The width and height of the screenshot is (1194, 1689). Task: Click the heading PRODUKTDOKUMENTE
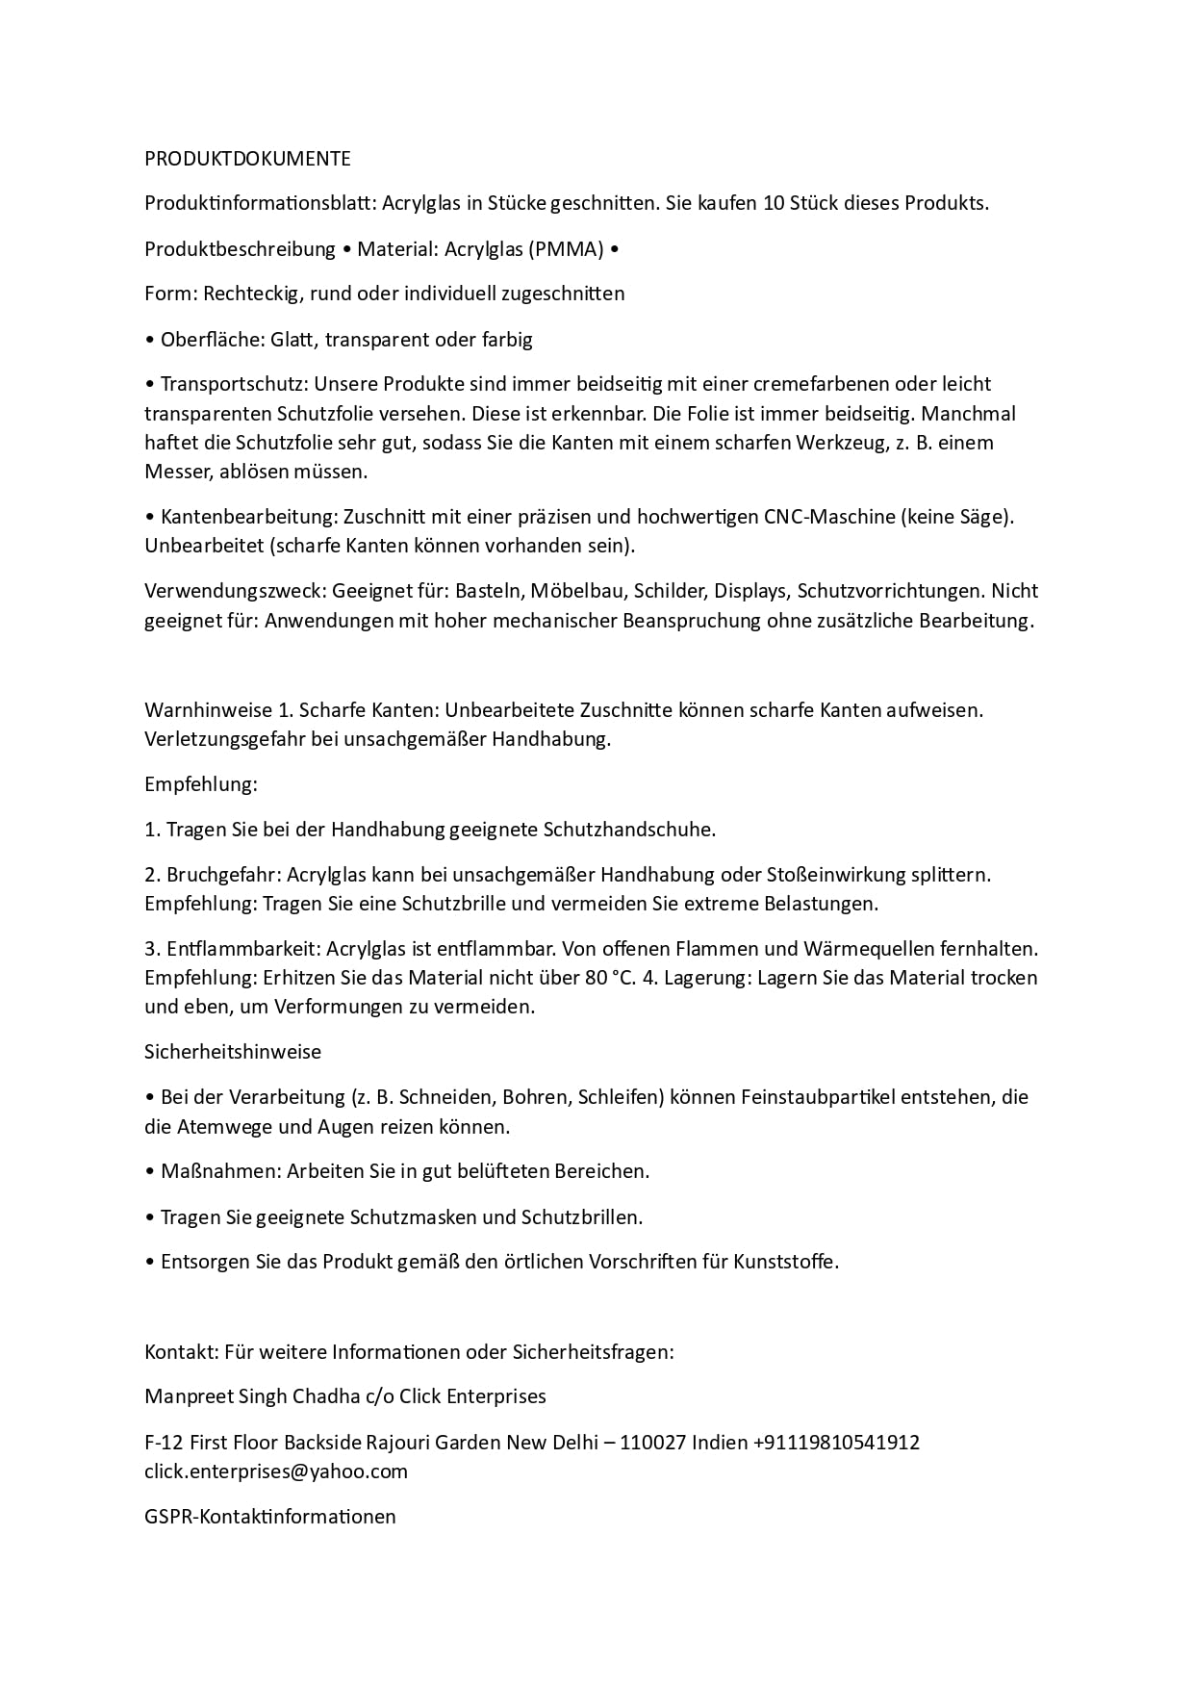(247, 158)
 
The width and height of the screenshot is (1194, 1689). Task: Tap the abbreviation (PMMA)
(566, 249)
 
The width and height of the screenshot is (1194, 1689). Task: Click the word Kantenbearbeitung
(248, 517)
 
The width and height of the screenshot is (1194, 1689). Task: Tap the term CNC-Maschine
(828, 517)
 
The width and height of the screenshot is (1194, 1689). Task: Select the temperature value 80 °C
(610, 978)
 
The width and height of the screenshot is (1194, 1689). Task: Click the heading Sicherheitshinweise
(233, 1052)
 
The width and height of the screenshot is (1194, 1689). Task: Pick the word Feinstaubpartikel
(817, 1097)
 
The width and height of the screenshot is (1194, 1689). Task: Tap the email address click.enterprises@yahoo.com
(276, 1471)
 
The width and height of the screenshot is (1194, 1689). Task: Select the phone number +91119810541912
(836, 1443)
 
